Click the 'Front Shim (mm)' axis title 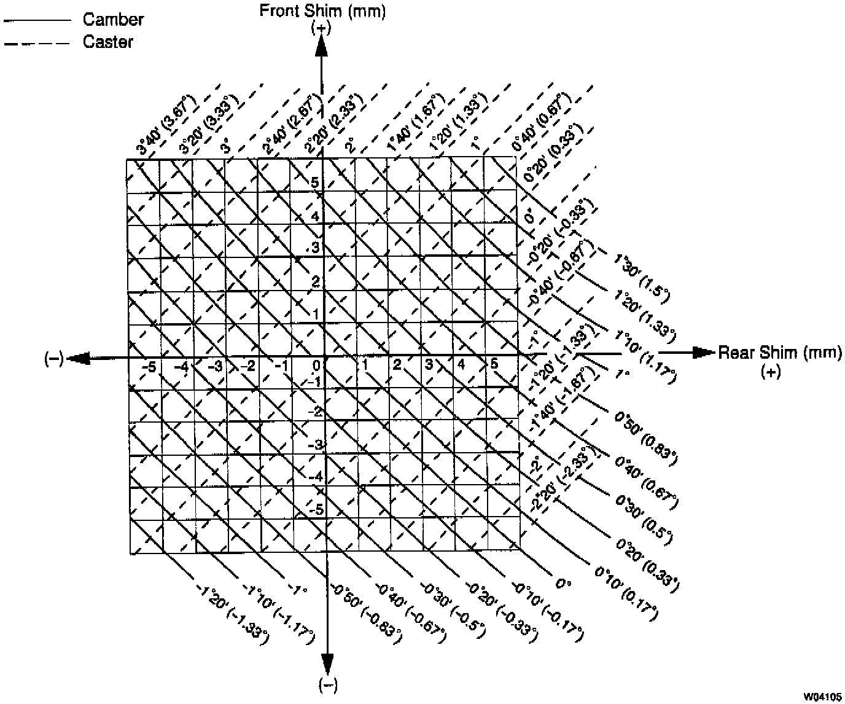click(x=322, y=11)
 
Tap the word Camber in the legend click(x=113, y=20)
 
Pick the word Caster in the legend click(x=108, y=42)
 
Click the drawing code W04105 click(x=824, y=697)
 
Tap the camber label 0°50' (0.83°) click(x=645, y=436)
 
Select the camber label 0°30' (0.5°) click(x=645, y=517)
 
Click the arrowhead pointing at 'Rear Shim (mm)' click(x=701, y=353)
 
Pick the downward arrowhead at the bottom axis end click(x=327, y=664)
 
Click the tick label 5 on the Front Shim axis click(x=314, y=182)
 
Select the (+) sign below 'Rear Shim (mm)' click(x=771, y=372)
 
